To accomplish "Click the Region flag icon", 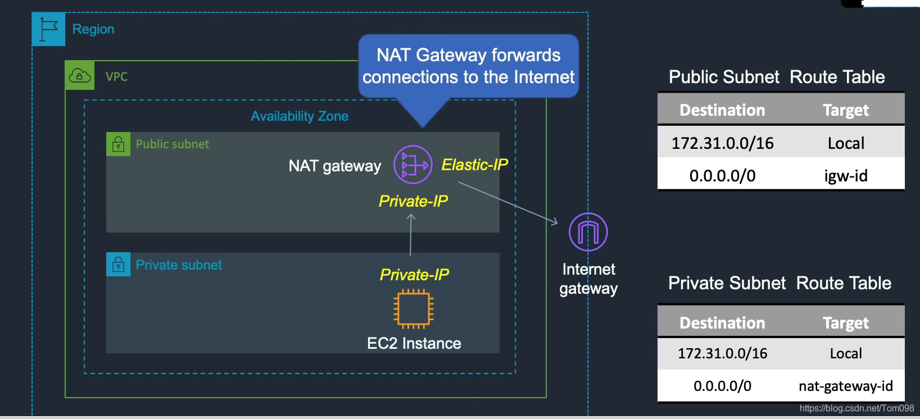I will coord(49,29).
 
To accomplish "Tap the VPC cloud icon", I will coord(79,76).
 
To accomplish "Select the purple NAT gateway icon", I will coord(413,165).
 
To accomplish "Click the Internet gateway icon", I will coord(588,232).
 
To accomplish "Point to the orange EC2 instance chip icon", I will coord(414,308).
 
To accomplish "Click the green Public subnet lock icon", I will coord(118,144).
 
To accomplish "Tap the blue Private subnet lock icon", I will coord(118,265).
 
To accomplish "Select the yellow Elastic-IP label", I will coord(474,165).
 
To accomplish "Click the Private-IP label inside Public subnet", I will coord(413,201).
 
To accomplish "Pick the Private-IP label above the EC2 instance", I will coord(414,275).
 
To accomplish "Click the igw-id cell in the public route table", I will coord(845,176).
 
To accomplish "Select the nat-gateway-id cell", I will coord(845,386).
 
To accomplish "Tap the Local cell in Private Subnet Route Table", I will coord(845,353).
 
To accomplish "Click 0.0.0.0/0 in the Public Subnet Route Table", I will coord(722,176).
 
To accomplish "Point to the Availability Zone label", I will coord(300,116).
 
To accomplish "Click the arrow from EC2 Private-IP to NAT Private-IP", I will coord(411,236).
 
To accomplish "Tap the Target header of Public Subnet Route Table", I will coord(845,110).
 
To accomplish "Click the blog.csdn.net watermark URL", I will coord(856,408).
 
